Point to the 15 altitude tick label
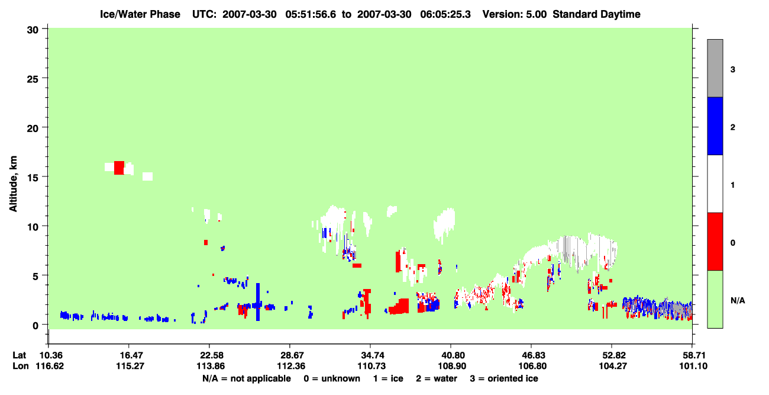tap(33, 178)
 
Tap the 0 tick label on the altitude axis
tap(35, 326)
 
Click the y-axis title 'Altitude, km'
tap(13, 184)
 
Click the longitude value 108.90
tap(452, 366)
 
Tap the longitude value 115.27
tap(130, 366)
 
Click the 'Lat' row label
tap(19, 355)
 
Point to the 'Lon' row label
tap(21, 366)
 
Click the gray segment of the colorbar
tap(715, 68)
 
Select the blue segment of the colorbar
tap(715, 126)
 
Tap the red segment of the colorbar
tap(715, 242)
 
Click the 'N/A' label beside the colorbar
tap(738, 301)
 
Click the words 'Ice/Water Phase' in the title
tap(140, 14)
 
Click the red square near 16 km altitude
tap(119, 168)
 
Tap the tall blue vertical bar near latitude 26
tap(258, 302)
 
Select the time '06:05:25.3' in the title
tap(445, 14)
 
